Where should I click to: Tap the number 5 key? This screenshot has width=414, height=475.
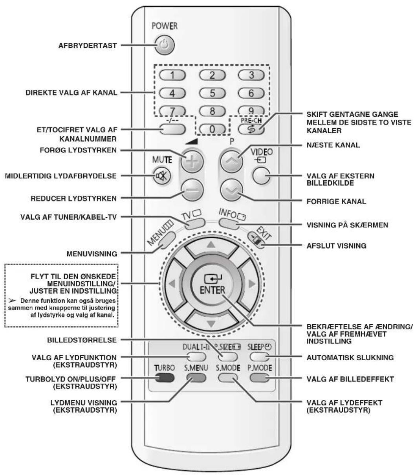(x=212, y=93)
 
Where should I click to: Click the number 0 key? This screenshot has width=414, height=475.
(x=212, y=129)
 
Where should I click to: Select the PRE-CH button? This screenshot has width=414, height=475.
(x=251, y=129)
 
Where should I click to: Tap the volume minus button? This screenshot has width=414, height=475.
(x=192, y=190)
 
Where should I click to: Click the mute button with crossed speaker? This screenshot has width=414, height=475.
(x=161, y=176)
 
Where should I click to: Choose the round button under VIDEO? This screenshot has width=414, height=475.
(x=261, y=176)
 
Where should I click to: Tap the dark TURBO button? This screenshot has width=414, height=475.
(x=165, y=378)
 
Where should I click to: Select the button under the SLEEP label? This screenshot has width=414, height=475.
(x=260, y=357)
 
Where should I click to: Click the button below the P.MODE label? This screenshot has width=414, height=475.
(x=260, y=378)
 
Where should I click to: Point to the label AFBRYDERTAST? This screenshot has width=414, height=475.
(x=88, y=46)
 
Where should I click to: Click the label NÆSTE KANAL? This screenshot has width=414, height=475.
(x=333, y=145)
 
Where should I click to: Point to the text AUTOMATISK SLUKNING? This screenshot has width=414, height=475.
(x=350, y=358)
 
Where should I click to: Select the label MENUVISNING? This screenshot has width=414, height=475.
(x=92, y=254)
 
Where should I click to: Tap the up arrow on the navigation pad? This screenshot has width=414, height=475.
(x=211, y=244)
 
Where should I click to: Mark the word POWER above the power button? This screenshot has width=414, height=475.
(x=165, y=26)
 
